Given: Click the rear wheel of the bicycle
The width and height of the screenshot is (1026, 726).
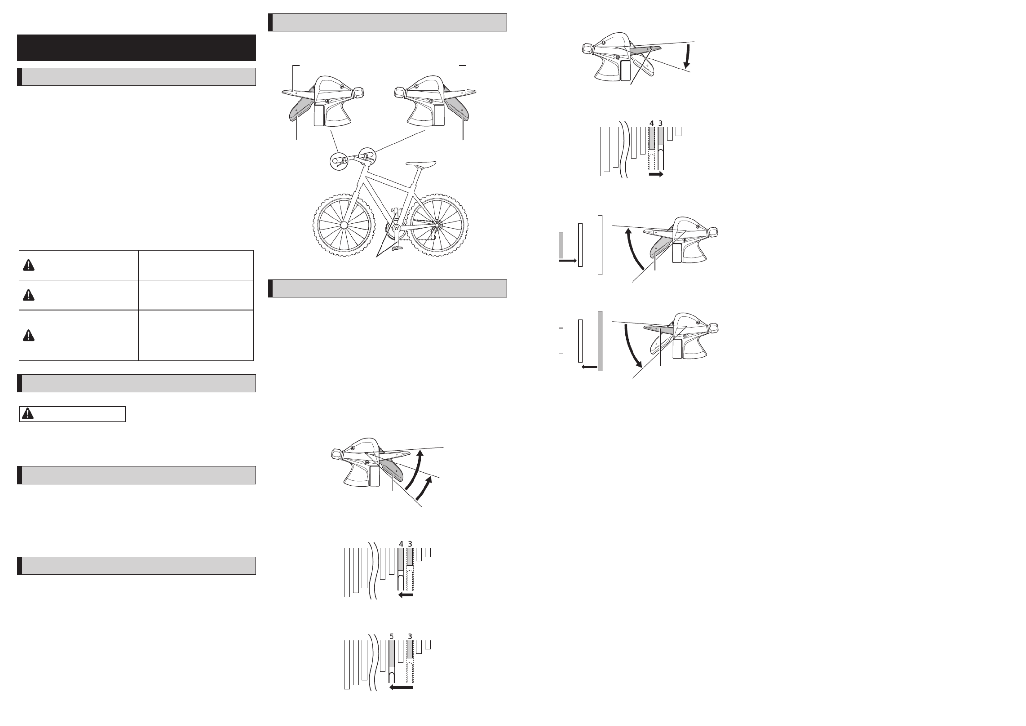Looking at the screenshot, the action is (436, 225).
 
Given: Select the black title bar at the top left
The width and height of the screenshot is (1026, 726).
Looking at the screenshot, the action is (136, 48).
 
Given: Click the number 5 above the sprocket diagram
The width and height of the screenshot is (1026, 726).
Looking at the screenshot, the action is (392, 636).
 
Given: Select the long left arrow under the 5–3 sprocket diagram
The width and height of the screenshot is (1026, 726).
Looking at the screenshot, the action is (401, 687).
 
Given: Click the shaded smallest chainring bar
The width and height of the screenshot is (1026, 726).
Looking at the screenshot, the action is (561, 245).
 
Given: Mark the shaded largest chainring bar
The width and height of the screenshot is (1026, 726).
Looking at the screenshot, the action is (600, 341).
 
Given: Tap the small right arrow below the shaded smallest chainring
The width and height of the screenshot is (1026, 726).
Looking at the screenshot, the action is (568, 260).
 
